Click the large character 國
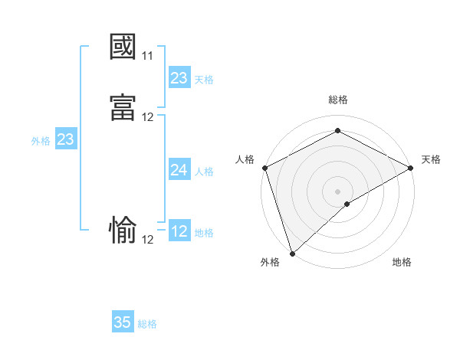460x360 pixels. (123, 47)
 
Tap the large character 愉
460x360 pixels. (123, 230)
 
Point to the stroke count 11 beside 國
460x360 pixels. (147, 56)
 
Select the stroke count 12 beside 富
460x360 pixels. (148, 117)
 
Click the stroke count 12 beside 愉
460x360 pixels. (148, 239)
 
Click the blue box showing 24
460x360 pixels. (179, 171)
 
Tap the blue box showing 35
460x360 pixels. (123, 322)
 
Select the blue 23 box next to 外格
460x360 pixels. (66, 139)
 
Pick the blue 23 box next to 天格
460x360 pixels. (179, 78)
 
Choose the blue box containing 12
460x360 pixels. (179, 231)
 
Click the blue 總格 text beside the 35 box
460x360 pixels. (148, 324)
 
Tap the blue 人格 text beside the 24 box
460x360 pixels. (205, 172)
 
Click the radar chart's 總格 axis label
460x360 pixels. (337, 100)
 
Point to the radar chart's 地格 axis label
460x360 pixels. (402, 262)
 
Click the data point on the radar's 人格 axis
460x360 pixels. (264, 168)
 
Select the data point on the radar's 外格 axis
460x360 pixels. (292, 253)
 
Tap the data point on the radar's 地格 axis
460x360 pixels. (347, 204)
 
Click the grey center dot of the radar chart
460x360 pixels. (337, 191)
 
